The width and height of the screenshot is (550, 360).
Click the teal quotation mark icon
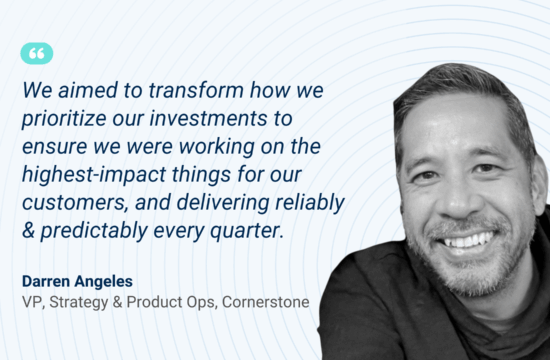pos(36,54)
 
